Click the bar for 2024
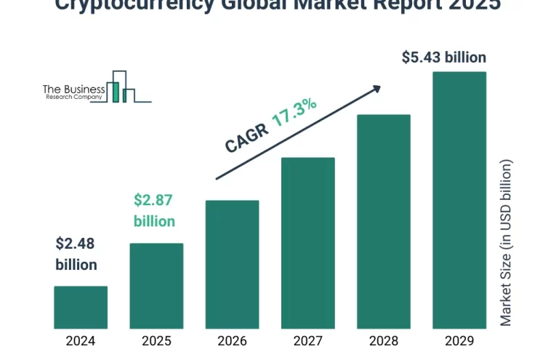pyautogui.click(x=81, y=307)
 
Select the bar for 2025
pyautogui.click(x=156, y=285)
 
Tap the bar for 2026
pyautogui.click(x=232, y=264)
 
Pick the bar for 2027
pyautogui.click(x=307, y=242)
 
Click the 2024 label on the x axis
pyautogui.click(x=81, y=340)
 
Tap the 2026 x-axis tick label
pyautogui.click(x=232, y=340)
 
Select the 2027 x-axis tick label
pyautogui.click(x=307, y=340)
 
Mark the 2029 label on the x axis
pyautogui.click(x=459, y=340)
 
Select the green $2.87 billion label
pyautogui.click(x=154, y=210)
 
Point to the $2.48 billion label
pyautogui.click(x=76, y=254)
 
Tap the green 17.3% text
pyautogui.click(x=294, y=113)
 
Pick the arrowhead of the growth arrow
pyautogui.click(x=376, y=88)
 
